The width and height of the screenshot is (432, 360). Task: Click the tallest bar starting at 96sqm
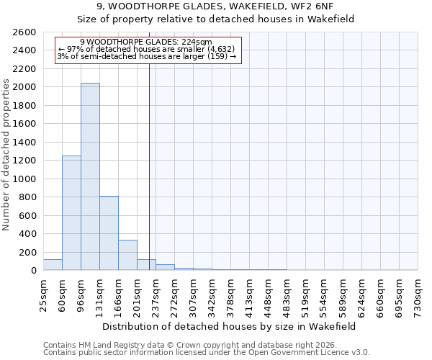[x=90, y=176]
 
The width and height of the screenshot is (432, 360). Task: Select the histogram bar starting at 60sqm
[x=71, y=213]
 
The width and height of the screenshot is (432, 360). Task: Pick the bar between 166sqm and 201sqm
[x=127, y=255]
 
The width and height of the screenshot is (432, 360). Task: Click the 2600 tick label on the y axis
[x=26, y=32]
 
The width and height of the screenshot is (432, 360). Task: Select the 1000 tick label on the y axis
[x=26, y=179]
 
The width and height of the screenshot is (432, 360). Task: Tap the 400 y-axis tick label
[x=29, y=234]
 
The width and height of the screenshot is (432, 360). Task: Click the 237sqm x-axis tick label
[x=156, y=293]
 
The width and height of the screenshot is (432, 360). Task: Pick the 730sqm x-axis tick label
[x=418, y=293]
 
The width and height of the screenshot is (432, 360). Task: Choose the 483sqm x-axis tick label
[x=287, y=293]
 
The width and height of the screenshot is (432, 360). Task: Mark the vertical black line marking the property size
[x=149, y=180]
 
